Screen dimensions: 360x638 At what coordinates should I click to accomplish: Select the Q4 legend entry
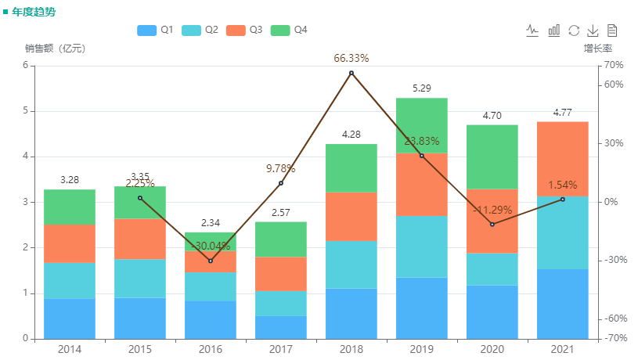click(x=289, y=30)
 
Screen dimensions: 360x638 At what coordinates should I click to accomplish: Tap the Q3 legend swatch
click(x=236, y=30)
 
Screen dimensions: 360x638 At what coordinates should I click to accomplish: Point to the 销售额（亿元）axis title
click(x=55, y=49)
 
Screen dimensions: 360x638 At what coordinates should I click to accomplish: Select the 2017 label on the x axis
click(x=280, y=349)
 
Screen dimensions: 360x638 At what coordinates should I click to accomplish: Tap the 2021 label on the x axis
click(x=562, y=349)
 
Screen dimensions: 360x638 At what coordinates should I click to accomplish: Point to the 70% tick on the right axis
click(x=614, y=65)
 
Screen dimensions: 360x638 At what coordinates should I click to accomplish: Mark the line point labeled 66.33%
click(x=351, y=73)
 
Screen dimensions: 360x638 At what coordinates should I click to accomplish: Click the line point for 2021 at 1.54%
click(x=562, y=200)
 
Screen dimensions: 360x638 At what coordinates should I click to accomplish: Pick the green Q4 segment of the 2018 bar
click(x=351, y=167)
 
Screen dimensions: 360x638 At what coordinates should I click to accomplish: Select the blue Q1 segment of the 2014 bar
click(x=70, y=319)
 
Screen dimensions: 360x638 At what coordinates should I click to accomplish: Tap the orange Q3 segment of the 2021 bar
click(x=562, y=159)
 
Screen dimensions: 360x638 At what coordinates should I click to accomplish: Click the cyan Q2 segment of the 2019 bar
click(x=422, y=247)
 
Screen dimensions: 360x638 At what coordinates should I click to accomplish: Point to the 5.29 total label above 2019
click(x=421, y=88)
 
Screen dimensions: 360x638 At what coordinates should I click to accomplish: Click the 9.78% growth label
click(x=280, y=167)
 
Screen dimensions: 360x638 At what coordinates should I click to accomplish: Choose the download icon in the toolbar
click(x=593, y=31)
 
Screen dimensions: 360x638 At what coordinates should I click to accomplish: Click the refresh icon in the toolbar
click(x=574, y=31)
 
